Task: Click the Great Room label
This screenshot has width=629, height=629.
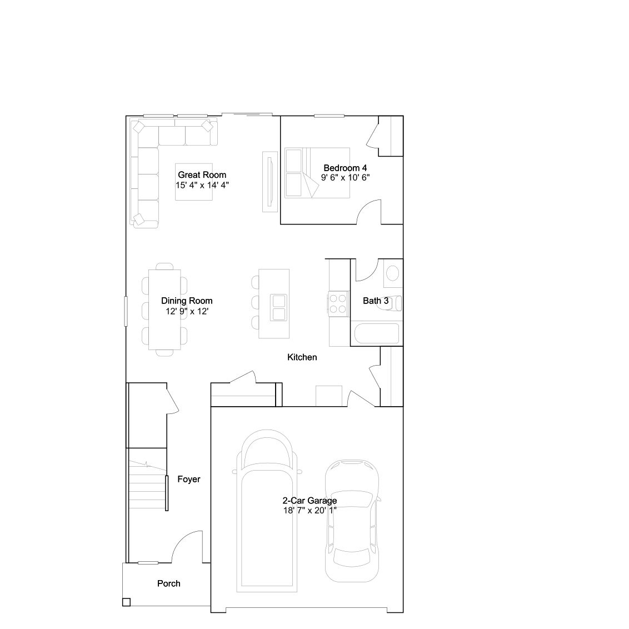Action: coord(202,175)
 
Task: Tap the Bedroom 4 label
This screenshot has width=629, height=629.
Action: coord(345,168)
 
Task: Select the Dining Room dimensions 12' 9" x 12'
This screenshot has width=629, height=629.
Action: coord(187,311)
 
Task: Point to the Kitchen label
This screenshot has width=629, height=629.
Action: coord(302,357)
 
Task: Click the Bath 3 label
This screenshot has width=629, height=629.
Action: coord(376,301)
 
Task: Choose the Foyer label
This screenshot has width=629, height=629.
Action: coord(188,479)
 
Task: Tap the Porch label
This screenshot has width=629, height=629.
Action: coord(168,583)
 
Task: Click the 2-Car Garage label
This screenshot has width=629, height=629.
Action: coord(309,501)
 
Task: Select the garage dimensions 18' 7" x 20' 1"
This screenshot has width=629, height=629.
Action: coord(309,510)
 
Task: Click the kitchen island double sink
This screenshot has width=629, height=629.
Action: coord(278,308)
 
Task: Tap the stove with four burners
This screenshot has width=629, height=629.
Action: coord(338,304)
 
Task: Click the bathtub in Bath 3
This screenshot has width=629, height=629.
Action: coord(377,333)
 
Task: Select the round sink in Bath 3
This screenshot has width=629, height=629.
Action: coord(393,273)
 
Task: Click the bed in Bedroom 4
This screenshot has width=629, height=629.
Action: coord(317,173)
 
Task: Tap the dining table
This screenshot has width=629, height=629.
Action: coord(164,309)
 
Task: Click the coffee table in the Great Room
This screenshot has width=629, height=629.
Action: coord(194,182)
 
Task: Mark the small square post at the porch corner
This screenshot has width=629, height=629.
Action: coord(126,602)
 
